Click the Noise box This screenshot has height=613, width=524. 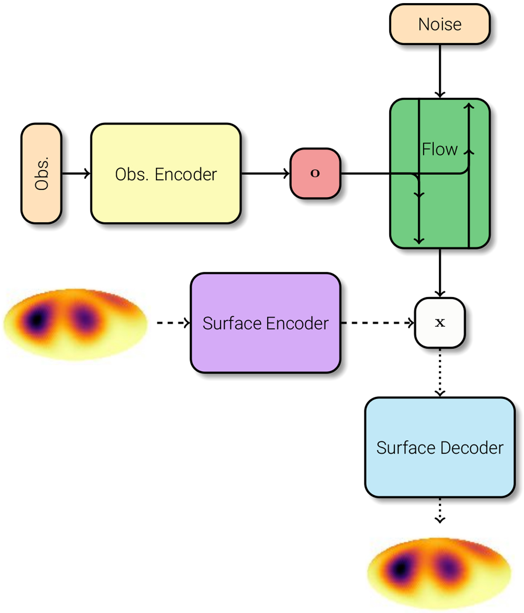pos(440,24)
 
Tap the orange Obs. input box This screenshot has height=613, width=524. pos(41,174)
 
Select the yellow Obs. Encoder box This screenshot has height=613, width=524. pos(165,174)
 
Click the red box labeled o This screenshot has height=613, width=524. pos(315,174)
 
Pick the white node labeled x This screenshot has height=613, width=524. pos(440,323)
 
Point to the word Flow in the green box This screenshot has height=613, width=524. pos(439,150)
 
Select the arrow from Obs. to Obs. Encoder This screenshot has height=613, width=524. pos(76,174)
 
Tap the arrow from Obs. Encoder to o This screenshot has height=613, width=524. pos(265,174)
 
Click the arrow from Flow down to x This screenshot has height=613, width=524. pos(440,273)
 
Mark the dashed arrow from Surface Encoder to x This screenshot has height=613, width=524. pos(377,323)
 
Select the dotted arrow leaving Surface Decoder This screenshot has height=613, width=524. pos(440,510)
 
